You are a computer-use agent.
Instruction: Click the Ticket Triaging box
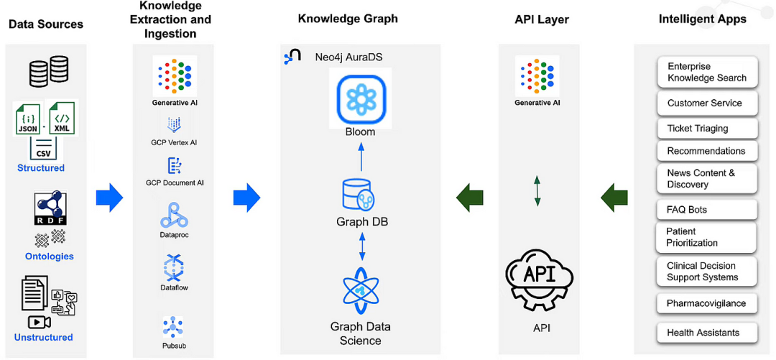(707, 128)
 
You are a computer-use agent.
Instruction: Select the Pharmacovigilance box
(707, 303)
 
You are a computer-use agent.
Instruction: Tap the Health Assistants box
(707, 332)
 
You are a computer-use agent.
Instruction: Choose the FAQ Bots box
(707, 210)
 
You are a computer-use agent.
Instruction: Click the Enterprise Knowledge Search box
(707, 72)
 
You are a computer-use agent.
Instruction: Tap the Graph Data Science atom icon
(361, 291)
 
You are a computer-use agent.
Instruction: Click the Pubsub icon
(173, 327)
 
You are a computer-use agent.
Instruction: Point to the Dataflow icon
(173, 267)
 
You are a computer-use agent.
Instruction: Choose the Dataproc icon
(173, 214)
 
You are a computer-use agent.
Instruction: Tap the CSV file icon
(44, 147)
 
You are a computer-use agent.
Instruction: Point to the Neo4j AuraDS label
(341, 57)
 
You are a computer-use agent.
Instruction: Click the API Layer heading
(542, 20)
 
